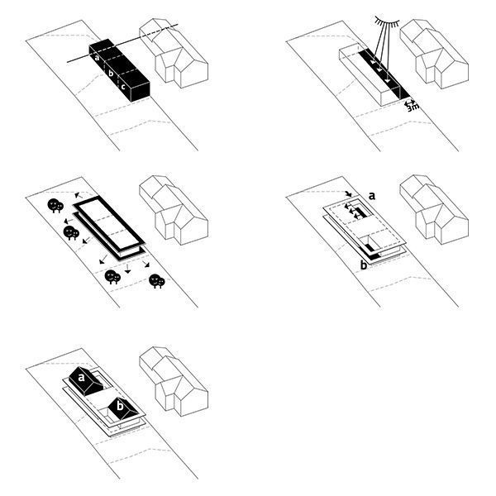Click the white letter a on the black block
tap(97, 58)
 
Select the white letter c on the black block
tap(123, 85)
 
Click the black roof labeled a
tap(83, 382)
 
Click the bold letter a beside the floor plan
tap(373, 196)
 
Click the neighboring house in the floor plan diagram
tap(431, 212)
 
